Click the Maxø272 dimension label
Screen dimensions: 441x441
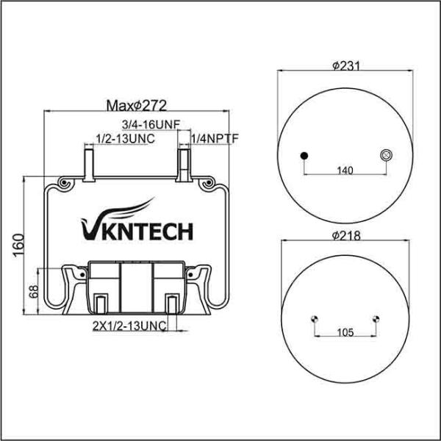(136, 105)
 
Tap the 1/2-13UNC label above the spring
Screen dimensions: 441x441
(124, 138)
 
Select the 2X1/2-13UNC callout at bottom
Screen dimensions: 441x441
(128, 324)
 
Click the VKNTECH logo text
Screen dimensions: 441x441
(136, 232)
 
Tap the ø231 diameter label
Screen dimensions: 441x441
(345, 66)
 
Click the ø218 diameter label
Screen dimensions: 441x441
(345, 235)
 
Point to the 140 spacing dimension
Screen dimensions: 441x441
(345, 171)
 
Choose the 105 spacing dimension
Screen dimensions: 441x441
(345, 332)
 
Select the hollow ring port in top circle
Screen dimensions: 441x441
(385, 154)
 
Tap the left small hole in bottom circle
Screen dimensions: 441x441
(315, 318)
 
